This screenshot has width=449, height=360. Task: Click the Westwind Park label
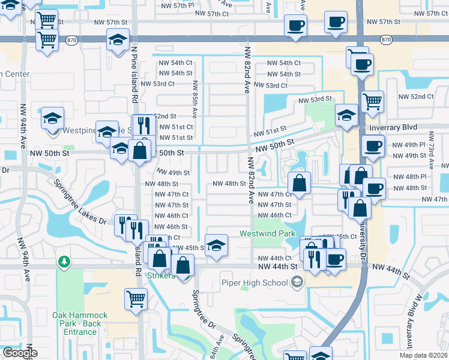click(x=268, y=233)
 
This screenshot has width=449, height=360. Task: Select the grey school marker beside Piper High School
click(x=295, y=282)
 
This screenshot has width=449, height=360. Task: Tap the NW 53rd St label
click(x=317, y=99)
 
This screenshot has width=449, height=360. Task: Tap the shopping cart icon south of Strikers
click(x=136, y=298)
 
